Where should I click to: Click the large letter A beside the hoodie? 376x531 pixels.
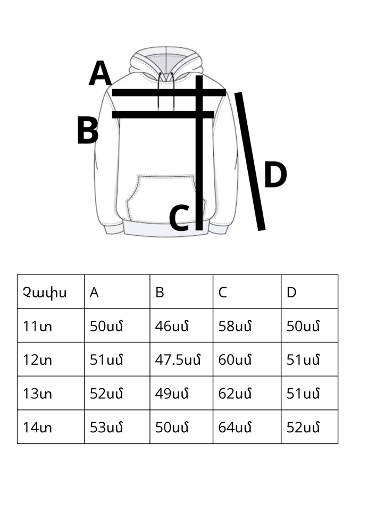pos(100,73)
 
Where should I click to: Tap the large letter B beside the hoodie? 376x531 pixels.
pos(88,131)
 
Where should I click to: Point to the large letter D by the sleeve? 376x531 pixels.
pos(275,175)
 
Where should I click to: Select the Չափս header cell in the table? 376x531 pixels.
pos(45,292)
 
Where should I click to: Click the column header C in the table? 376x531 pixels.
pos(223,292)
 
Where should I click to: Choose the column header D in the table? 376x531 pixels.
pos(291,292)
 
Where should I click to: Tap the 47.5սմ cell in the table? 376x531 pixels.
pos(178,359)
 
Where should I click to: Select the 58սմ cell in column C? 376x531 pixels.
pos(235,326)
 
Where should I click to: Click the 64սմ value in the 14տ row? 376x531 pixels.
pos(235,427)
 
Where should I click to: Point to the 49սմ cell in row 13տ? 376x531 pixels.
pos(171,393)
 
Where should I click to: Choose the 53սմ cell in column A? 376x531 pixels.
pos(106,427)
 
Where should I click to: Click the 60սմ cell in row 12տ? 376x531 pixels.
pos(235,359)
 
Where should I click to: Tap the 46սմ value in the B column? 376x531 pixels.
pos(171,326)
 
